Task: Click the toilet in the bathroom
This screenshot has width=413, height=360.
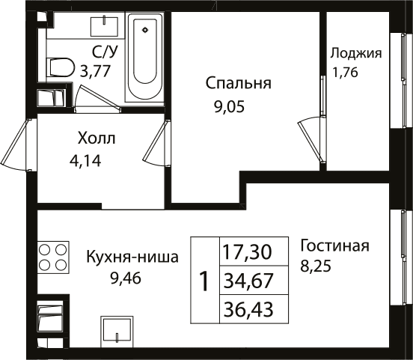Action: click(60, 67)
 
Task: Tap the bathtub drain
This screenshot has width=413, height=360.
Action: click(145, 30)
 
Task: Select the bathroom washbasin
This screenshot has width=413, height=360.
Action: click(104, 27)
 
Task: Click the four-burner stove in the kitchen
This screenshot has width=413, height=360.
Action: click(53, 257)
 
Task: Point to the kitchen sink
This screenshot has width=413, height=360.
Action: click(117, 331)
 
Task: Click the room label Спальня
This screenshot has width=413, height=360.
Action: click(239, 84)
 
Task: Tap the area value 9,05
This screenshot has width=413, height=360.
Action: click(229, 107)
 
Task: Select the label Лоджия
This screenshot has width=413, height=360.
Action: click(356, 53)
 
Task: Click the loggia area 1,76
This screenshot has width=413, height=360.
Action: click(345, 72)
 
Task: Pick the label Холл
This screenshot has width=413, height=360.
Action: click(97, 138)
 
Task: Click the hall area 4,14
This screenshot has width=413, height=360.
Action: click(85, 160)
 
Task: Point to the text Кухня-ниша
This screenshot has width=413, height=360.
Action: click(132, 257)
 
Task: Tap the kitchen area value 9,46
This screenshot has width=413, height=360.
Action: click(126, 278)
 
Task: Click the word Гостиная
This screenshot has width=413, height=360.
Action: click(334, 246)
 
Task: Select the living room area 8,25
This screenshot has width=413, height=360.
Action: click(316, 266)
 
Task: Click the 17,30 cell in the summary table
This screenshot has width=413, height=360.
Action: click(254, 251)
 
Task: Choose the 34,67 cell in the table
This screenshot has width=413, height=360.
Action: click(254, 281)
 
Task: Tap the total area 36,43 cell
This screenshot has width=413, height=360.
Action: click(254, 309)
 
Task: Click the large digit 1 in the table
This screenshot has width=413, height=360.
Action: click(205, 281)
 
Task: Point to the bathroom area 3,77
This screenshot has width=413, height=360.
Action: click(95, 71)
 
